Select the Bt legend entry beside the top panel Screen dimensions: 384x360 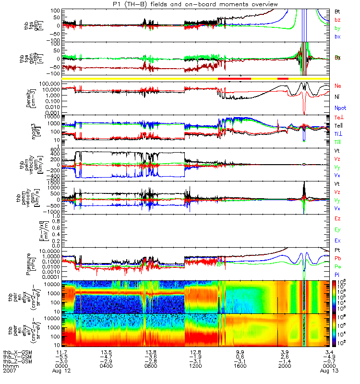click(337, 11)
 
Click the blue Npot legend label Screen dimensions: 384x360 click(340, 108)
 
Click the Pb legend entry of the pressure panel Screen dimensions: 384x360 click(338, 258)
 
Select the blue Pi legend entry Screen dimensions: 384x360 click(337, 274)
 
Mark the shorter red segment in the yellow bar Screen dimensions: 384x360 click(283, 78)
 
